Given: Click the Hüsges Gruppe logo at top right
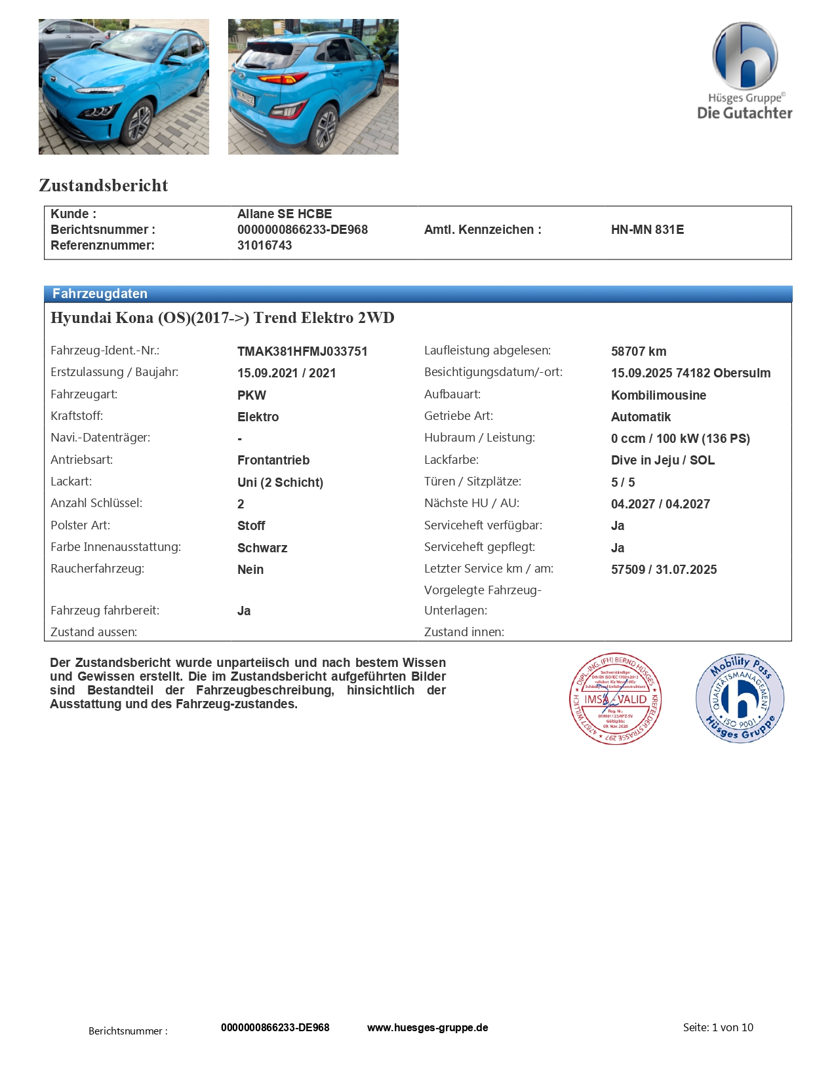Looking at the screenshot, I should click(745, 71).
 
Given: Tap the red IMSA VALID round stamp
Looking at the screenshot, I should click(615, 698).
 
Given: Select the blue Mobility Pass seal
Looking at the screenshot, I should click(740, 698).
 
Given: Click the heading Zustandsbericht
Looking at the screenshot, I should click(104, 185).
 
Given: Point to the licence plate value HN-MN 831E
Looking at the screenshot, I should click(647, 229).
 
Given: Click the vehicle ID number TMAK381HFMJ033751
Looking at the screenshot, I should click(302, 351).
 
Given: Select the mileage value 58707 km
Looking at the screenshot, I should click(639, 351).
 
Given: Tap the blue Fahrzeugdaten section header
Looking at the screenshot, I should click(100, 294).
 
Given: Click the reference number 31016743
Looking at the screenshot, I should click(264, 245).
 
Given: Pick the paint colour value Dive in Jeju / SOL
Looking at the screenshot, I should click(663, 460).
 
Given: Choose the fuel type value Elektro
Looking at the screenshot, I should click(258, 417).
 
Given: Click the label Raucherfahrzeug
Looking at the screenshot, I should click(97, 569).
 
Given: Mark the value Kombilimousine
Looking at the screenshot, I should click(658, 395).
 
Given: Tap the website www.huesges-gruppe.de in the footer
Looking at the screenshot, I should click(428, 1027).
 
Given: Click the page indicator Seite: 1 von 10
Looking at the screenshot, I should click(718, 1027).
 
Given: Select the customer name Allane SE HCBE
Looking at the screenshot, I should click(285, 214).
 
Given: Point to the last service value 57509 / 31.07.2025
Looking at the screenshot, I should click(664, 569).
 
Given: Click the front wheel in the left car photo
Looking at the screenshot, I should click(140, 122).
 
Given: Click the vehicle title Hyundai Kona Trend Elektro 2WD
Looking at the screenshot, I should click(222, 318).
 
